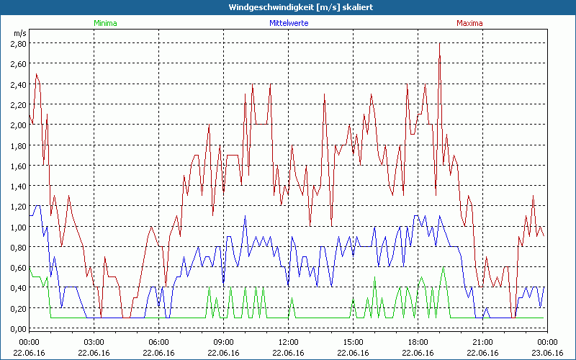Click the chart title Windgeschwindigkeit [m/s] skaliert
pyautogui.click(x=288, y=7)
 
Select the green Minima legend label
pyautogui.click(x=104, y=23)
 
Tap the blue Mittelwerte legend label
pyautogui.click(x=288, y=23)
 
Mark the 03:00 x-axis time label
pyautogui.click(x=94, y=342)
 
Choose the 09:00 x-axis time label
pyautogui.click(x=223, y=342)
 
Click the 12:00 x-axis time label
pyautogui.click(x=288, y=342)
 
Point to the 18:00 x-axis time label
pyautogui.click(x=418, y=342)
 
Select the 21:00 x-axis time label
pyautogui.click(x=482, y=342)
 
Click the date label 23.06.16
pyautogui.click(x=547, y=353)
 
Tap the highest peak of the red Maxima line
pyautogui.click(x=439, y=43)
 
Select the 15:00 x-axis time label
pyautogui.click(x=353, y=342)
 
